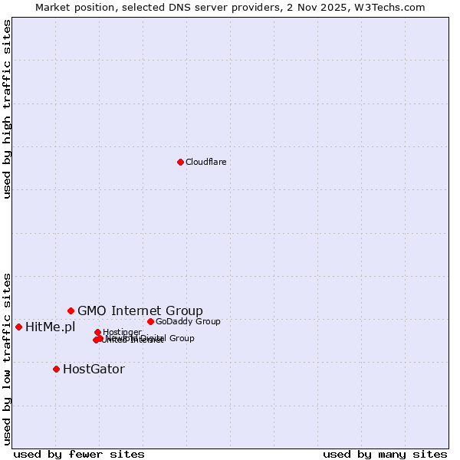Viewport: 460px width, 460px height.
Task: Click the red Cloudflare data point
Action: pyautogui.click(x=180, y=162)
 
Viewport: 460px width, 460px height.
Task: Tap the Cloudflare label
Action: pyautogui.click(x=205, y=162)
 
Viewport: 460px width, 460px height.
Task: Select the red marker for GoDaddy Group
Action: pyautogui.click(x=150, y=321)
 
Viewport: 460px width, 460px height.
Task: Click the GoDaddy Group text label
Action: pyautogui.click(x=188, y=321)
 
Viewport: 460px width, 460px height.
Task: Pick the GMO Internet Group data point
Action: pyautogui.click(x=71, y=310)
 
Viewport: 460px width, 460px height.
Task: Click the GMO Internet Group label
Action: pyautogui.click(x=140, y=310)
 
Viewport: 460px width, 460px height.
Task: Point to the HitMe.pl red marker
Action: pyautogui.click(x=18, y=327)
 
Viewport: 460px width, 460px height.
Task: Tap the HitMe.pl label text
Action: pyautogui.click(x=51, y=327)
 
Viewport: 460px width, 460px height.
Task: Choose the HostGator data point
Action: pyautogui.click(x=56, y=369)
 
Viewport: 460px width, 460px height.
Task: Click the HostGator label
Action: pyautogui.click(x=94, y=370)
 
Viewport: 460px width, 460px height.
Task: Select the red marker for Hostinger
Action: pyautogui.click(x=97, y=332)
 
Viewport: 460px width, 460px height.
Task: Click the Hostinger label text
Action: pyautogui.click(x=122, y=332)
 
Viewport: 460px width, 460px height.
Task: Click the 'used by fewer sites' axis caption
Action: pyautogui.click(x=79, y=454)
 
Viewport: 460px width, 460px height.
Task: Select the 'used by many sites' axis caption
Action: pyautogui.click(x=385, y=454)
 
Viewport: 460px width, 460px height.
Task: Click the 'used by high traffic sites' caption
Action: pyautogui.click(x=8, y=109)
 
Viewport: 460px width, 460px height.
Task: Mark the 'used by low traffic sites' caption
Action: pyautogui.click(x=8, y=359)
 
